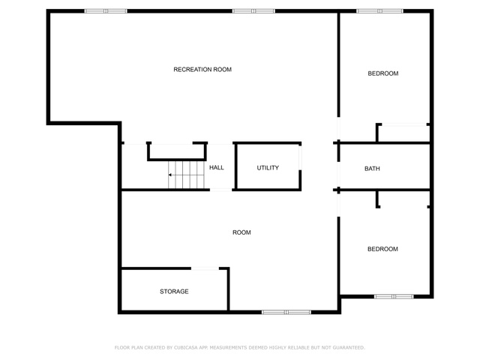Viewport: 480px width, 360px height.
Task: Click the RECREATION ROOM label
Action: point(202,70)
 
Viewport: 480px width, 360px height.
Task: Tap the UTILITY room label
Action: point(268,168)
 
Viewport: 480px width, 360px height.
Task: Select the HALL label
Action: point(217,167)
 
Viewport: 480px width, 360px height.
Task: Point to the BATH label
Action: point(372,168)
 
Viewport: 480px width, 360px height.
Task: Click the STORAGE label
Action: point(174,292)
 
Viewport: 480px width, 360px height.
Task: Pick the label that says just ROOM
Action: point(241,232)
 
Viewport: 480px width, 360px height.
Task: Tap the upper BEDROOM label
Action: point(383,73)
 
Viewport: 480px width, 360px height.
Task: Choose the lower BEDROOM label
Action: point(382,249)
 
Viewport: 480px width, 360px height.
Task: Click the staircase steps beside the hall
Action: point(186,175)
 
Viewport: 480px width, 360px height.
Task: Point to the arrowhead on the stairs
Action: point(169,175)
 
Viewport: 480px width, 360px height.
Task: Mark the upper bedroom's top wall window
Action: point(380,11)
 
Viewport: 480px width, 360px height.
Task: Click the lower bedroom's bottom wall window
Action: point(394,296)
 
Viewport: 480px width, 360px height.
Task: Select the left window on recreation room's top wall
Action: point(106,11)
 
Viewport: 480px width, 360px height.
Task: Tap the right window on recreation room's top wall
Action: point(253,11)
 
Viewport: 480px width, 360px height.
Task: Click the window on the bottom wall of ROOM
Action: point(286,312)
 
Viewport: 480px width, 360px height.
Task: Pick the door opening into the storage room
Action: point(205,268)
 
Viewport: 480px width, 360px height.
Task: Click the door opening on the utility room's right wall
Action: point(300,157)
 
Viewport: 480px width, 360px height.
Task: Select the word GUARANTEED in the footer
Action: point(349,347)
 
